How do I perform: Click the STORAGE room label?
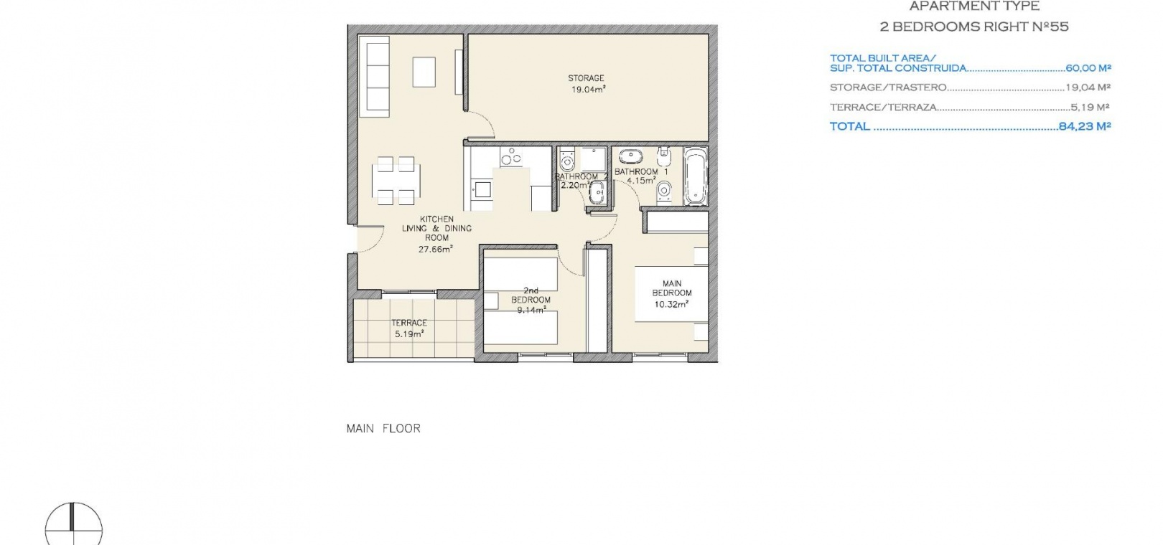586,78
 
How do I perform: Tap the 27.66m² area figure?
436,249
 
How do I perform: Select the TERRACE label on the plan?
409,323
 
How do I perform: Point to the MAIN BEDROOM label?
672,288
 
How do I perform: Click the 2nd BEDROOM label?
531,295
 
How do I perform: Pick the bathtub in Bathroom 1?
695,176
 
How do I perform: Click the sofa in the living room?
374,76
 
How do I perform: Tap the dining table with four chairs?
396,181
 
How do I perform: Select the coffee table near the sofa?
424,72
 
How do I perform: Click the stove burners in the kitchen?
511,156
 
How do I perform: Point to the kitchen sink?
482,189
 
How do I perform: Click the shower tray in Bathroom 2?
593,159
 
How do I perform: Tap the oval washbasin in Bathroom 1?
630,155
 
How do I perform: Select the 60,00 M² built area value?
1088,68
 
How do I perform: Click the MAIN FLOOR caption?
383,428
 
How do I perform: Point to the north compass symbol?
73,525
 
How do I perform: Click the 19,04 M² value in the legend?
1088,87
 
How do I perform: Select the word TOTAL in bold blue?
849,126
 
